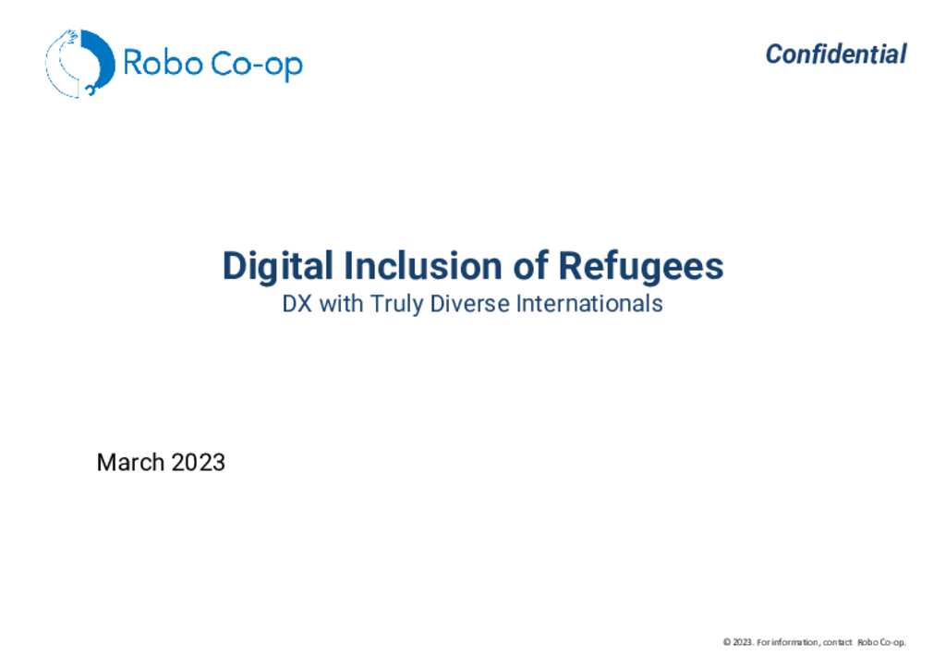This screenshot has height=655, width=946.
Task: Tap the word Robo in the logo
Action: pos(163,63)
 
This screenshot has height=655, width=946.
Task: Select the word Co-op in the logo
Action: pos(257,65)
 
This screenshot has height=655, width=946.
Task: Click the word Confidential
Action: pos(835,55)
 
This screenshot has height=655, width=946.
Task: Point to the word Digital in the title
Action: pos(277,267)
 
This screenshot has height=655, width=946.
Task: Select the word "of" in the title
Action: pos(531,265)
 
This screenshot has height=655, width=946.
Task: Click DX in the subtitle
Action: pos(297,303)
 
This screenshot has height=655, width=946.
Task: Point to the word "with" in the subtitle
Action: pos(341,303)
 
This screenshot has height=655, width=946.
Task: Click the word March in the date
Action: pos(130,463)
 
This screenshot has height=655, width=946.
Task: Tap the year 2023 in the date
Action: pos(198,463)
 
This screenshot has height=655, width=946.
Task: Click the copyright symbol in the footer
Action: pos(727,642)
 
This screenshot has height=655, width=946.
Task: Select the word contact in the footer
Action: pos(837,642)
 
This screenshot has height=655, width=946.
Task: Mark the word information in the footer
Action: pos(794,642)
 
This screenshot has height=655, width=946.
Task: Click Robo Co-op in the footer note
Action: pos(881,642)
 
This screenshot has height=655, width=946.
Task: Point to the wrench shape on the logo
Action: pos(91,90)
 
